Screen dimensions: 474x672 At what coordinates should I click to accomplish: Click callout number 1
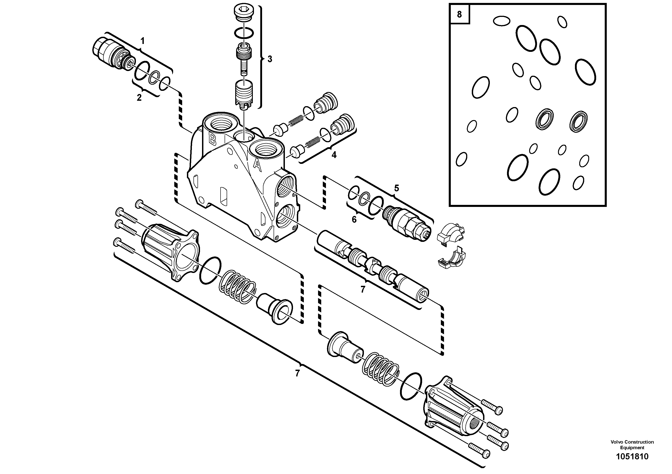(142, 41)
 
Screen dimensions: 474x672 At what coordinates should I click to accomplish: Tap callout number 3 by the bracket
(270, 59)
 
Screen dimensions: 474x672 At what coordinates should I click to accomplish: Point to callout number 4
(334, 155)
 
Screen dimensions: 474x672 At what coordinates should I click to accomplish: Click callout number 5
(396, 188)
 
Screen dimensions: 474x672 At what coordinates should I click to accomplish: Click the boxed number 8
(459, 14)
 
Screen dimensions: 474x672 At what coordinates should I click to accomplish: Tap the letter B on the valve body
(212, 140)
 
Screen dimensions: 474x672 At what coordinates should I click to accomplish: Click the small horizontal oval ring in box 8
(501, 21)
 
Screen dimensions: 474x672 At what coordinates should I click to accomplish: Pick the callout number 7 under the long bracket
(297, 373)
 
